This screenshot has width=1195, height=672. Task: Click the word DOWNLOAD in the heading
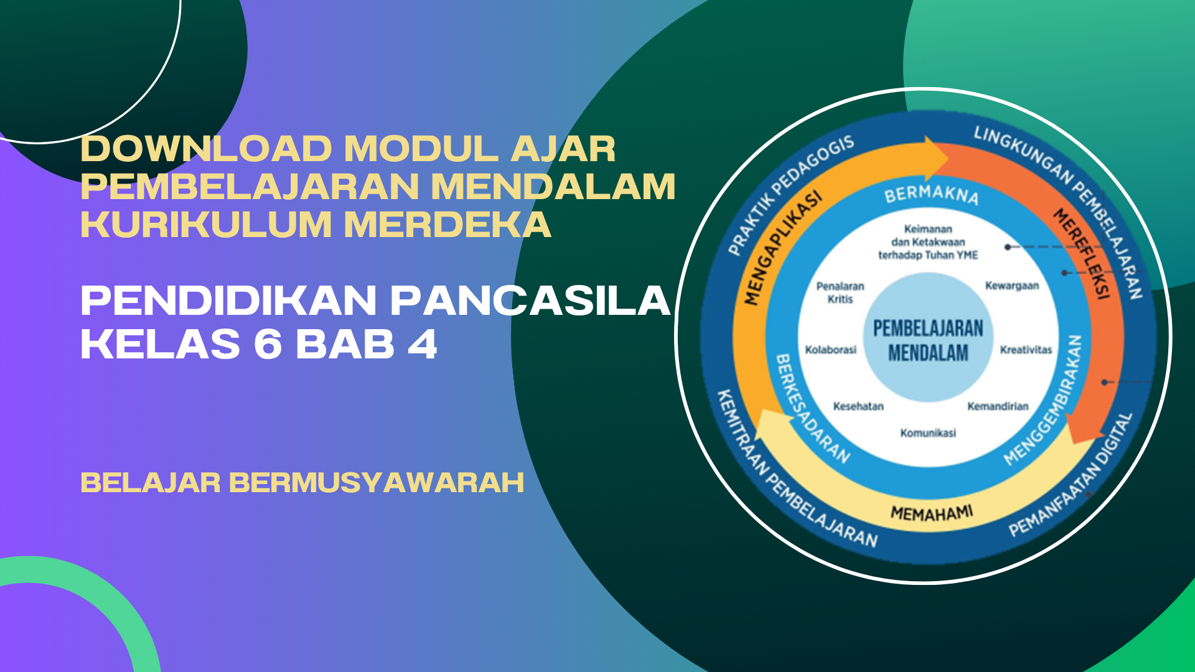tap(206, 149)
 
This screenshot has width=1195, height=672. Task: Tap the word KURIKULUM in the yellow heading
tap(206, 225)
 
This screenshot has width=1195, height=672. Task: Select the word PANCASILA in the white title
tap(530, 301)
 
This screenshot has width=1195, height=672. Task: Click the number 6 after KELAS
tap(268, 344)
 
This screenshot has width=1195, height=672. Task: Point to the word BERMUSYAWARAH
tap(377, 483)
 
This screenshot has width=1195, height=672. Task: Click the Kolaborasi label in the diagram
tap(831, 350)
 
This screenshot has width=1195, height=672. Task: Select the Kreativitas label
tap(1026, 350)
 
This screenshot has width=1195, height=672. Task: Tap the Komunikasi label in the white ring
tap(928, 433)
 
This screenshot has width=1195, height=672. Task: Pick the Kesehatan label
tap(858, 406)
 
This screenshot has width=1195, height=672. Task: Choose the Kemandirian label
tap(998, 406)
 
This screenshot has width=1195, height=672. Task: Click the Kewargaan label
tap(1012, 286)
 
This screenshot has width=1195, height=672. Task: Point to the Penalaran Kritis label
tap(840, 292)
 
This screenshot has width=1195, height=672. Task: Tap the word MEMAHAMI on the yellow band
tap(932, 513)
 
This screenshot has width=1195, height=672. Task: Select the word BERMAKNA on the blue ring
tap(931, 194)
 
